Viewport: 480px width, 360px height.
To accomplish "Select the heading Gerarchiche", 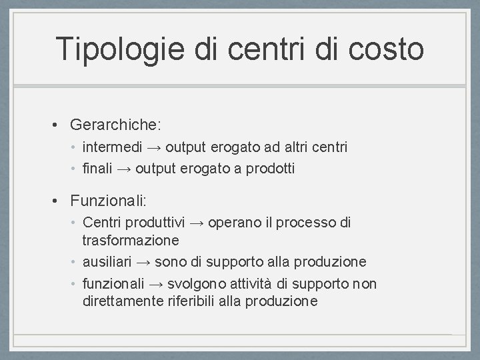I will click(x=116, y=125).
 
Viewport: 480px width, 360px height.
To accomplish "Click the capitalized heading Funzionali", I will click(x=109, y=200).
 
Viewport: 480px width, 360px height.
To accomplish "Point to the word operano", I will click(x=232, y=222).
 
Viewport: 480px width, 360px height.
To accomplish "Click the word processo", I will click(x=307, y=222).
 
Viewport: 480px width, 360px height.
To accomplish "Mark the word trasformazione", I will click(x=131, y=239).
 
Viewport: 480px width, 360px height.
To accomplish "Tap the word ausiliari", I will click(x=107, y=262).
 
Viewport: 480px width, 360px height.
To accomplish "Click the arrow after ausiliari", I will click(x=143, y=262).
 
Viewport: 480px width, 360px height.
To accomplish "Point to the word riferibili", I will click(x=194, y=301).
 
